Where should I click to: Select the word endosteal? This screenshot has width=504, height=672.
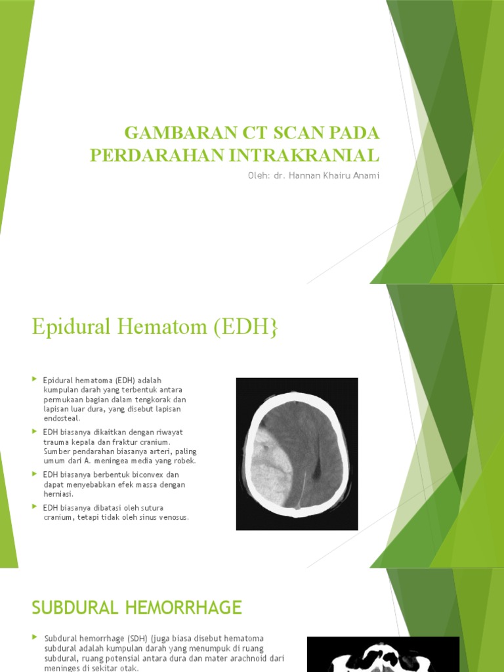pyautogui.click(x=62, y=418)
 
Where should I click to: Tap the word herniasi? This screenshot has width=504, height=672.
pyautogui.click(x=58, y=493)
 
